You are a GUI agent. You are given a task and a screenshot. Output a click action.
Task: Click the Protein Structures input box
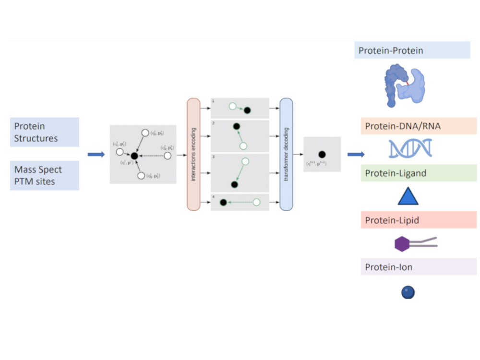44,132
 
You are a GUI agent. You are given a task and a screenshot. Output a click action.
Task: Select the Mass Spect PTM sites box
44,176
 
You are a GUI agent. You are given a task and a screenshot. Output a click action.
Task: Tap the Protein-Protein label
412,50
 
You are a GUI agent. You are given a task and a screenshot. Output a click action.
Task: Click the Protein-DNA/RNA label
411,126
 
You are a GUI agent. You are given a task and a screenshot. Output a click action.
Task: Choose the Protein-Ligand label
411,173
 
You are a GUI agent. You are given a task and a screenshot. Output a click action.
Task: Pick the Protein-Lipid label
411,220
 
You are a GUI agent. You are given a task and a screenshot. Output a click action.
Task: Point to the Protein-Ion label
411,267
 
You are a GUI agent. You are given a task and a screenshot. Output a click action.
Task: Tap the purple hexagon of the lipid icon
402,244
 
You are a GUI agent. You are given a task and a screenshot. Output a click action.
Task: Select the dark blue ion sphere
408,292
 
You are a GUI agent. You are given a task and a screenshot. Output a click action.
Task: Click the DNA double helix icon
410,148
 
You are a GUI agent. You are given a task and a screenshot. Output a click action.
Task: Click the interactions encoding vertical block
193,154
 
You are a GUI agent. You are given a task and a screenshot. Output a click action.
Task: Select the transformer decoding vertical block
286,154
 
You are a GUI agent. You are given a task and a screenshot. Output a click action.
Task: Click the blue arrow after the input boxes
96,155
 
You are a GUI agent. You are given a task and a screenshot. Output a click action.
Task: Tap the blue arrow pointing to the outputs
356,155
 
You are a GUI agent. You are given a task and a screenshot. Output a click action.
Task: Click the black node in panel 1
247,110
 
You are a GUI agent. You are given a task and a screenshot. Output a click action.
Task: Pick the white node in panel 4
256,203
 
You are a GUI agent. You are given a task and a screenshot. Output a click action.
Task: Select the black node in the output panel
322,154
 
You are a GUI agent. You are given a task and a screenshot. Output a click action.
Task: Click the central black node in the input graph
134,156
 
